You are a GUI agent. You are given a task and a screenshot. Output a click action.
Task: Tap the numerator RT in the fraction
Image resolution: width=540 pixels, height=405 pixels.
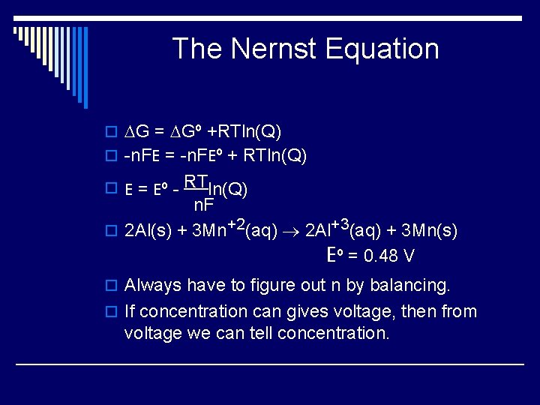click(196, 181)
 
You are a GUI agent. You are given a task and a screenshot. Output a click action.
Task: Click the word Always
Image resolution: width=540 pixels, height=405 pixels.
click(153, 286)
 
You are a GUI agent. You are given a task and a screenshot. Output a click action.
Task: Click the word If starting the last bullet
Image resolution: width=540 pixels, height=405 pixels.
click(130, 311)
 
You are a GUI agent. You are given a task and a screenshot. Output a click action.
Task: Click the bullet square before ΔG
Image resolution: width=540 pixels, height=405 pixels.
click(112, 133)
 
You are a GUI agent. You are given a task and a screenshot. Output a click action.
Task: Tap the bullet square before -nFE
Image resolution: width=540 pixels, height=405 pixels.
click(112, 156)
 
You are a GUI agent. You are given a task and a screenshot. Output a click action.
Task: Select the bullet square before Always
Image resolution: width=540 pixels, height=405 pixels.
click(112, 286)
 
